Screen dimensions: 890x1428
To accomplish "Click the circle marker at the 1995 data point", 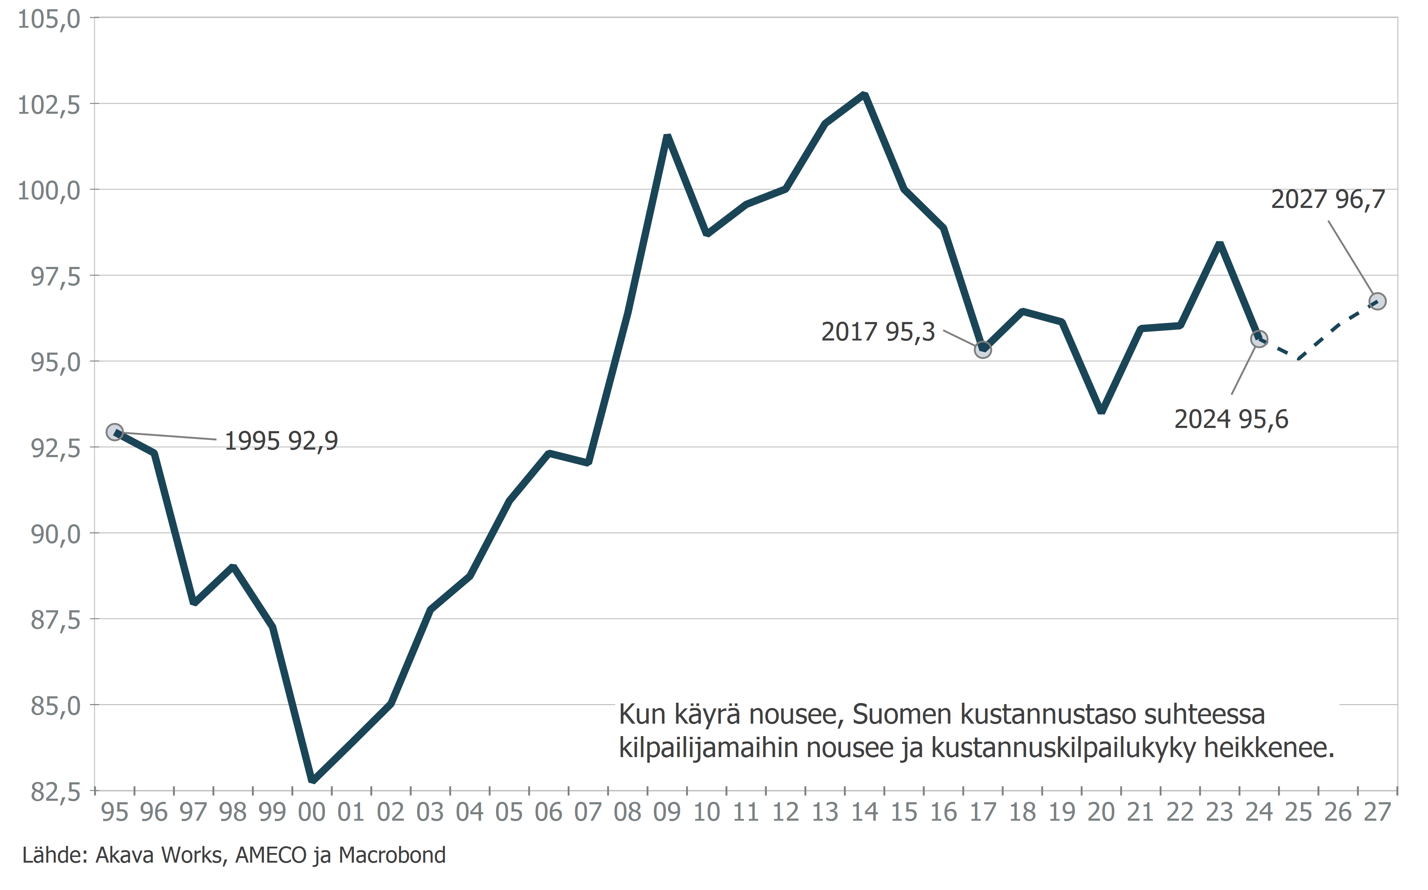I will point(115,432).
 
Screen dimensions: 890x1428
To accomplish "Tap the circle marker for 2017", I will point(983,350).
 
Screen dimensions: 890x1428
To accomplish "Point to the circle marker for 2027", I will point(1378,301).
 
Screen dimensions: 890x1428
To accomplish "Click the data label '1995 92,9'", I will point(282,441).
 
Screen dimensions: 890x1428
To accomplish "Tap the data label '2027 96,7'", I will point(1328,199).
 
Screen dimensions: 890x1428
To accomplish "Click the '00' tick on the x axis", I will point(311,812).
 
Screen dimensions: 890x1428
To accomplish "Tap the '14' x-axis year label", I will point(864,812).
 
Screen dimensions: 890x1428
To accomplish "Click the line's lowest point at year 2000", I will point(313,781).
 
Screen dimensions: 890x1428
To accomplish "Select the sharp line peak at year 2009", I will point(667,137).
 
